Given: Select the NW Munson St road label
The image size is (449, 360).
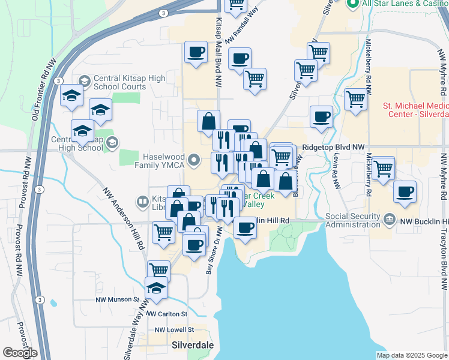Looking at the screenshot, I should (117, 299).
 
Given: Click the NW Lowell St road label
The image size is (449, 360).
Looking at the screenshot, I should (174, 329).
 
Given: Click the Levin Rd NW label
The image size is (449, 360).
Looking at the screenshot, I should (335, 174).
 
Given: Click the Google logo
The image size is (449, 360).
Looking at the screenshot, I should (20, 353).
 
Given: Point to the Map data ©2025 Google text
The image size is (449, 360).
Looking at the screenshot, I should (411, 355).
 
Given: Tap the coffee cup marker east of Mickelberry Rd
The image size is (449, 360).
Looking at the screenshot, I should (405, 191).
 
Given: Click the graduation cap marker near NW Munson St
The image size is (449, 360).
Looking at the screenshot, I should (156, 288).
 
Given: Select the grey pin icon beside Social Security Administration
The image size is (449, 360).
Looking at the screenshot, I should (390, 219).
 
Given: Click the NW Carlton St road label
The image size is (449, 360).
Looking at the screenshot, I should (167, 314).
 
